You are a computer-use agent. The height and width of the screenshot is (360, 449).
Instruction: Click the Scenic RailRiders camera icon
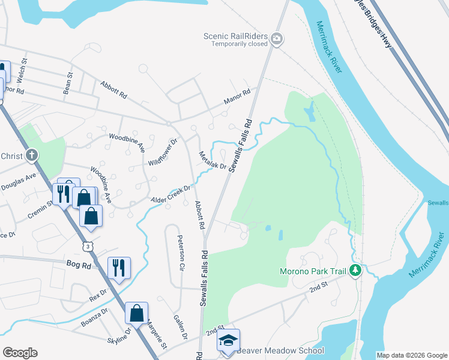(277, 40)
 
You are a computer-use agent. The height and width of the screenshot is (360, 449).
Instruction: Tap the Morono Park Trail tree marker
(355, 271)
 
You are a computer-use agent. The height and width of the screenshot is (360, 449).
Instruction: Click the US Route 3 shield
(89, 246)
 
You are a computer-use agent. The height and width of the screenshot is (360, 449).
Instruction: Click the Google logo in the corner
(20, 353)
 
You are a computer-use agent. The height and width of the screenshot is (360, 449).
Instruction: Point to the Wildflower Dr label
(163, 153)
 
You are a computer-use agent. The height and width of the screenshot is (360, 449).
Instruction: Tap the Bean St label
(68, 83)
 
